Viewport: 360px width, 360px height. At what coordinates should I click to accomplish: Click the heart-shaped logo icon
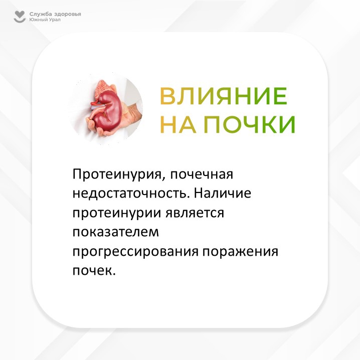coord(20,17)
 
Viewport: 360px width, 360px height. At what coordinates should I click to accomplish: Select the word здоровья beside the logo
coord(68,15)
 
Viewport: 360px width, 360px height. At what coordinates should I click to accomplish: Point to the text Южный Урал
coord(45,20)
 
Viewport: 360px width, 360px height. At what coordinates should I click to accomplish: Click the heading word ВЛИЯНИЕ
coord(224,95)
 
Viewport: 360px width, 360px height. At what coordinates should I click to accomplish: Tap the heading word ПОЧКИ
coord(249,124)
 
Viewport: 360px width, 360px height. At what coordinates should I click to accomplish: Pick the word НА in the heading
coord(178,124)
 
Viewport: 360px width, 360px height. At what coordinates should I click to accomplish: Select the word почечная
coord(202,174)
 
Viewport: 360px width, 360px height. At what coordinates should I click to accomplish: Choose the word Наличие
coord(222,193)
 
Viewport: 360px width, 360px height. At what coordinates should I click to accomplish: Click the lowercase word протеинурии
coord(117,213)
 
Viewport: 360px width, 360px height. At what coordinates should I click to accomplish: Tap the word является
coord(195,213)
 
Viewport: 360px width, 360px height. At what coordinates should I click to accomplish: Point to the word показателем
coord(116,232)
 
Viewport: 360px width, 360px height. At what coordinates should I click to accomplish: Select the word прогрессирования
coord(135,252)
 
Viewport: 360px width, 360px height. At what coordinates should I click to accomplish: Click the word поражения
coord(240,252)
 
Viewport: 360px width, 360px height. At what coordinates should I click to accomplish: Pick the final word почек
coord(94,271)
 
